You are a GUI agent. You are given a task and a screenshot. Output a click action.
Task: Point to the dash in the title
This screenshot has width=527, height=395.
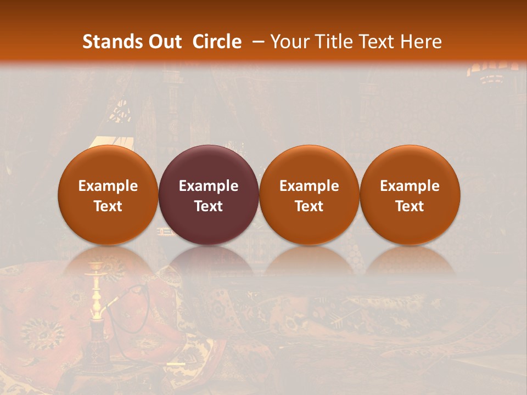(x=258, y=42)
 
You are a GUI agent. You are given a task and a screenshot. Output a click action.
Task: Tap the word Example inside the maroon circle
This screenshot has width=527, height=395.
(x=209, y=186)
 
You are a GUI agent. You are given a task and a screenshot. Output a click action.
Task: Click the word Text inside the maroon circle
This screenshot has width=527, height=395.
(x=209, y=206)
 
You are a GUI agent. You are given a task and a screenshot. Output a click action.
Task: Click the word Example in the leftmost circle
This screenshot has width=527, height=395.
(x=108, y=186)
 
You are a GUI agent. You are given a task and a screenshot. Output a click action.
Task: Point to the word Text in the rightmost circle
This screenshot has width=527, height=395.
(x=410, y=206)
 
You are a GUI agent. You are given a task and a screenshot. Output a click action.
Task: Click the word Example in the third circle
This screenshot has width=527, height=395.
(x=309, y=186)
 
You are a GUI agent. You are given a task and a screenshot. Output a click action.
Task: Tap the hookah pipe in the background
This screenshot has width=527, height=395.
(x=98, y=313)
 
